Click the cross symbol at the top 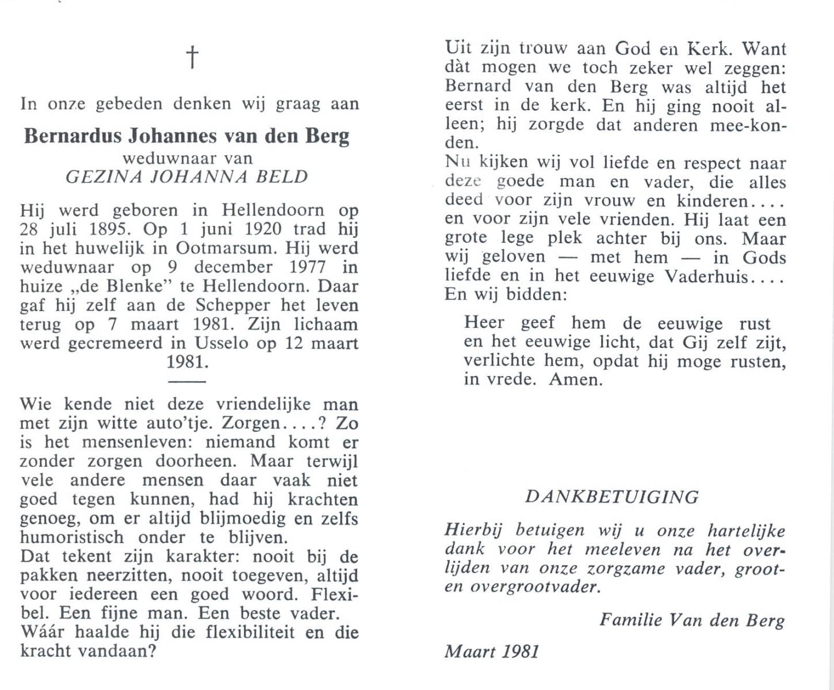(192, 57)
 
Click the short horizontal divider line (186, 381)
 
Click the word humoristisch (72, 538)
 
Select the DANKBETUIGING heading (612, 497)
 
